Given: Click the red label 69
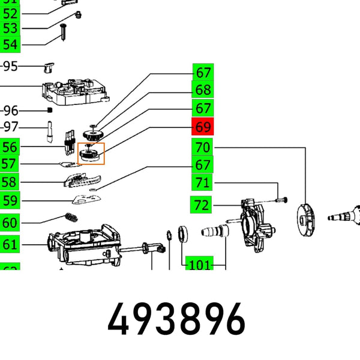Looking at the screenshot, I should click(202, 127).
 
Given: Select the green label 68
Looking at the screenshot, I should click(202, 91).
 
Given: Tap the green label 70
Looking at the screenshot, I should click(202, 147).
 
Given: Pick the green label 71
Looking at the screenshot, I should click(202, 182).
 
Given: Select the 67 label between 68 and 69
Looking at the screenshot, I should click(202, 109).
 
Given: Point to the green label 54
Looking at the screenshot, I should click(10, 44).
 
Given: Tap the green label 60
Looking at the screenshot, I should click(10, 223).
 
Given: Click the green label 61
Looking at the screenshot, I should click(10, 244).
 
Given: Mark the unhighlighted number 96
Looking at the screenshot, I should click(11, 110).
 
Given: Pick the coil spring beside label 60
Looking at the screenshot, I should click(71, 218).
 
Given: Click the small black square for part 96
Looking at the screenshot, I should click(50, 110).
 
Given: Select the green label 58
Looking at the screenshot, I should click(10, 182).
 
